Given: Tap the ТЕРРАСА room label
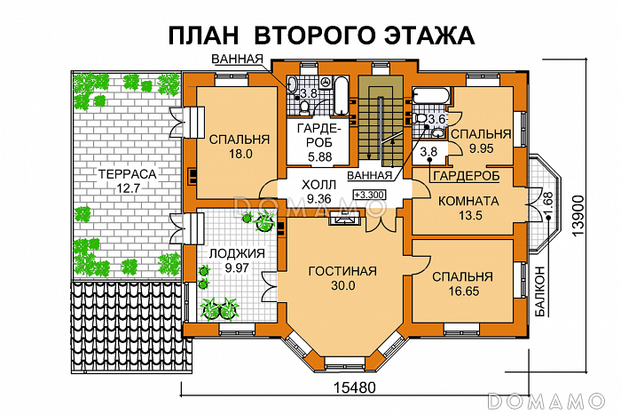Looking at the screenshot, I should [x=126, y=174].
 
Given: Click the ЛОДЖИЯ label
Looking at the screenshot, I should [x=232, y=253].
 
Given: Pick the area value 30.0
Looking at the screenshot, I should [x=342, y=286].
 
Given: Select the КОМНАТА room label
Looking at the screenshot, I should [x=468, y=202].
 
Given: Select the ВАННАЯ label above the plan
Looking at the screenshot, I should [x=237, y=60].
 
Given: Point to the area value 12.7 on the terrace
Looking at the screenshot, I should [x=126, y=188].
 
